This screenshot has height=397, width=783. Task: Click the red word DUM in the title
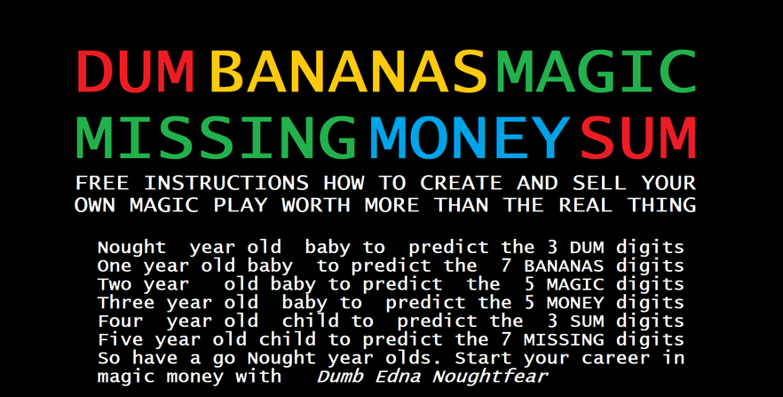click(x=135, y=72)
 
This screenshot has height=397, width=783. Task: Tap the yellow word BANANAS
click(x=349, y=72)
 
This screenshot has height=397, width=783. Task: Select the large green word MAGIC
click(x=597, y=72)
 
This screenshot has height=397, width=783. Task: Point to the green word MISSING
click(x=217, y=138)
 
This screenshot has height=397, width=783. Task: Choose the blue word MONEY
click(x=470, y=138)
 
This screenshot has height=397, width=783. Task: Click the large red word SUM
click(x=638, y=138)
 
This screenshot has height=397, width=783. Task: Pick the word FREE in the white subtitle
click(x=102, y=183)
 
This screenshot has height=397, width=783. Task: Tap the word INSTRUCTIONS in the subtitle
click(x=226, y=183)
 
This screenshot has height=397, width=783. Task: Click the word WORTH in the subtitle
click(x=316, y=205)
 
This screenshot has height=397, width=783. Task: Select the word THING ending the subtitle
click(x=662, y=205)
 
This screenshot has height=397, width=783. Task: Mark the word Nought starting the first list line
click(x=131, y=247)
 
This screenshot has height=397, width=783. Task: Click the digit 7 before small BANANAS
click(x=506, y=266)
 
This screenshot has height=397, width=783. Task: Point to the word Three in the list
click(x=126, y=303)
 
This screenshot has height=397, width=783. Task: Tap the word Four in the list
click(x=121, y=322)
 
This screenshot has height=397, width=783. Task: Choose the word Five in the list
click(x=121, y=339)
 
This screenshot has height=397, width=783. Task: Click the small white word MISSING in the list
click(x=564, y=339)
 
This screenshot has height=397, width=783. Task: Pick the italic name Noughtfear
click(x=490, y=376)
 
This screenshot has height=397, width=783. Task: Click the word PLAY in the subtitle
click(x=241, y=205)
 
